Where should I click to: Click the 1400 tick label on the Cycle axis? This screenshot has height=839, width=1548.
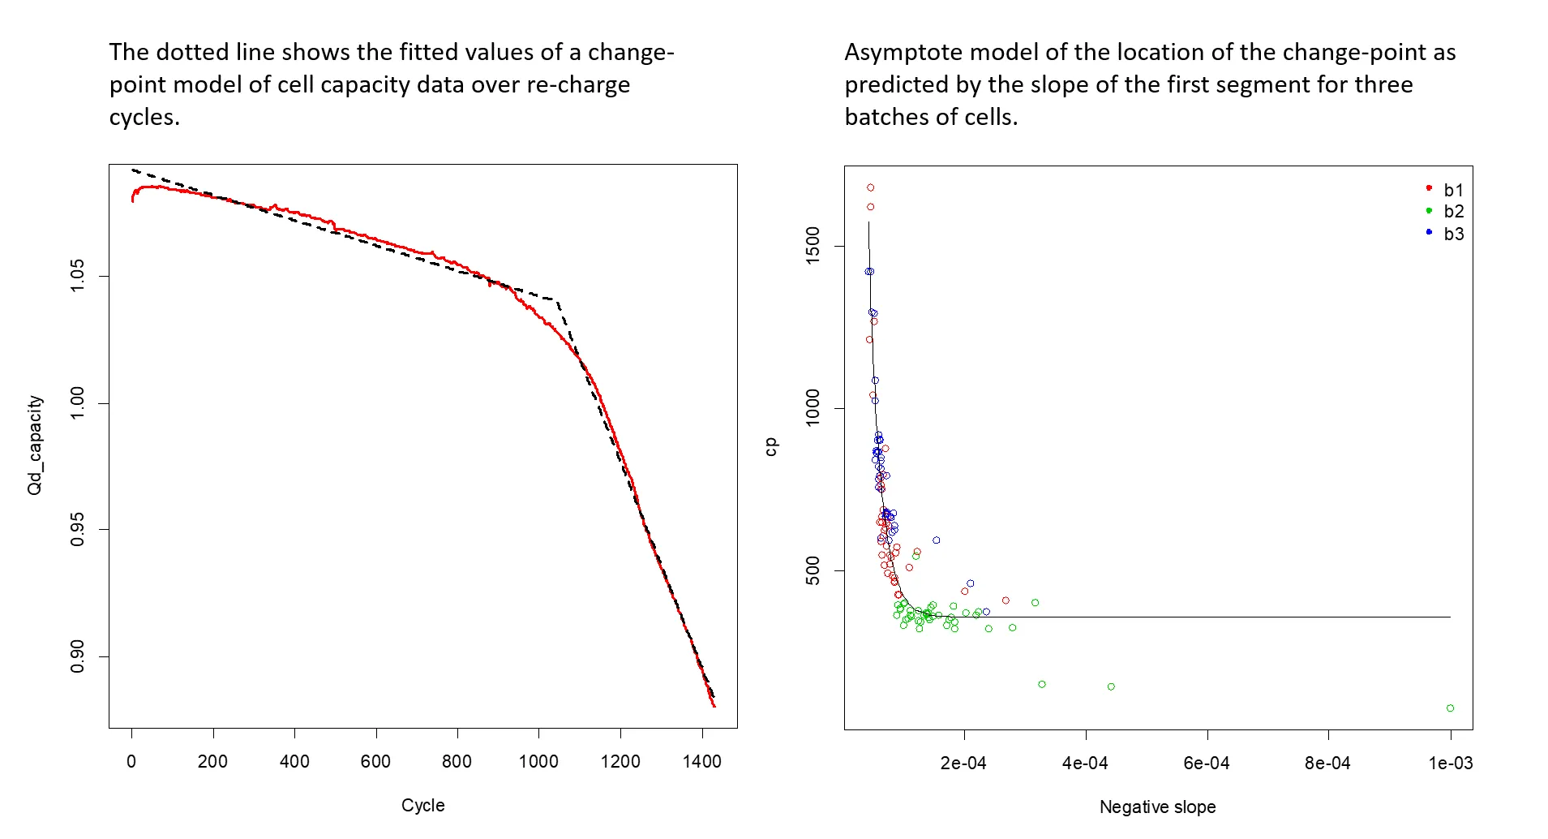point(701,762)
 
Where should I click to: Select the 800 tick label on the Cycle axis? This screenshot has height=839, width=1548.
point(457,762)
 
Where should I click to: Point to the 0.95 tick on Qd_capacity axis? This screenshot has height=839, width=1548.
point(78,530)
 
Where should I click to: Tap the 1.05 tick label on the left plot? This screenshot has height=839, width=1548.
point(78,276)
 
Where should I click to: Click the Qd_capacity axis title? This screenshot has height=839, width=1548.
point(35,445)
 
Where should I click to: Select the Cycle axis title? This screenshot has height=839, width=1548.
point(422,806)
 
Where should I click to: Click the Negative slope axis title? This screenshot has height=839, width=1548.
point(1157,807)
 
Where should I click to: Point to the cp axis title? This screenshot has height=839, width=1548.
point(770,447)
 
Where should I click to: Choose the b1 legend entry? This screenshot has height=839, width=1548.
point(1453,190)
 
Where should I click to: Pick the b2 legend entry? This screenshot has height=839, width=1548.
point(1453,212)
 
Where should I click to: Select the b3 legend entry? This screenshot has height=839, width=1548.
point(1453,234)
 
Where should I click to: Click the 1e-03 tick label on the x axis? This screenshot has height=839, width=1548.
point(1450,764)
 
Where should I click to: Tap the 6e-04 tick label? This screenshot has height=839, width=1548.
point(1207,764)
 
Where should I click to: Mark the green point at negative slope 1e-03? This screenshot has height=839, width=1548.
point(1450,708)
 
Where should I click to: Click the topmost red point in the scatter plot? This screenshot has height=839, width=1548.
point(870,187)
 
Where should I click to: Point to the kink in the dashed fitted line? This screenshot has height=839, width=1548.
point(558,300)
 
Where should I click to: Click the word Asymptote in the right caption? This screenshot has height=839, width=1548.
point(903,53)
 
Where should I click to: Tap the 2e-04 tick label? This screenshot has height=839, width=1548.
point(963,764)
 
